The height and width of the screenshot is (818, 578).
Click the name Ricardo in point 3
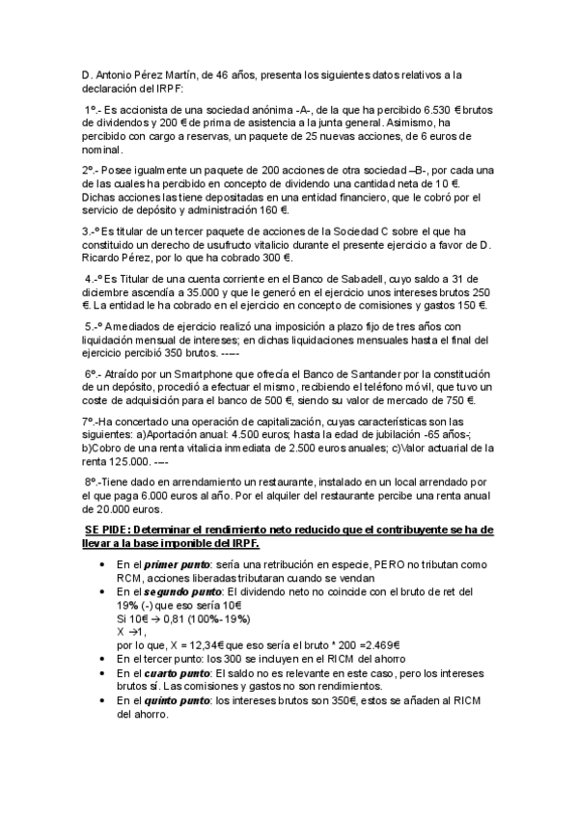106,259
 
